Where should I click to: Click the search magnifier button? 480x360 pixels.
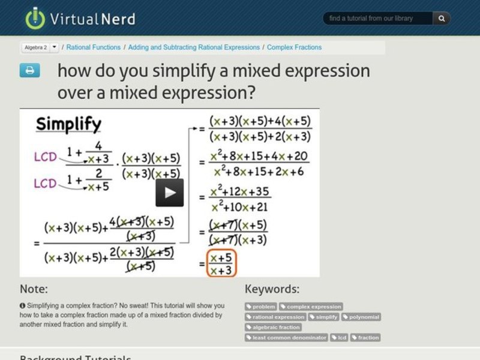[442, 19]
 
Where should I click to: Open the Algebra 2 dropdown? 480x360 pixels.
[55, 47]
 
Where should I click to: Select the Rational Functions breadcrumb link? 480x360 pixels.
[93, 47]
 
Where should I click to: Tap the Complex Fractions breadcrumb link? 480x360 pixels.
[294, 47]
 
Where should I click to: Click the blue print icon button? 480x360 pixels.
[29, 71]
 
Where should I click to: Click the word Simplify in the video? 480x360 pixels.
[68, 124]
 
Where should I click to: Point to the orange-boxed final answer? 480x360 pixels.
[220, 264]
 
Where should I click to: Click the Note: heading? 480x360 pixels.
[34, 289]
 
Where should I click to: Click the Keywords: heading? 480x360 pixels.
[272, 289]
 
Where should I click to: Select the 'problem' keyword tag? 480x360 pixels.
[261, 307]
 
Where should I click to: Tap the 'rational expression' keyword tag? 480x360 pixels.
[275, 317]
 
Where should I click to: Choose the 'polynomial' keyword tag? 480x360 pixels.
[361, 317]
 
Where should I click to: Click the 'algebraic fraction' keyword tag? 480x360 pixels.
[273, 327]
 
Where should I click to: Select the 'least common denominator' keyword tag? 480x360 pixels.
[287, 337]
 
